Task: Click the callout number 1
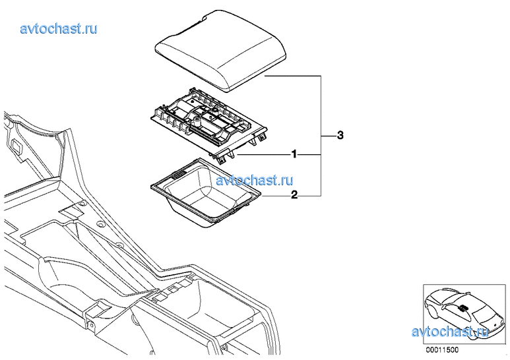pos(294,154)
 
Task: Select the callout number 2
pos(294,195)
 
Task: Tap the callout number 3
pos(340,135)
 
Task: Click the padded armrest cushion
pos(220,49)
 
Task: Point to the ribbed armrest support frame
pos(208,125)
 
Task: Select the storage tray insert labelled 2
pos(206,193)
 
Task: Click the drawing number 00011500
pos(442,350)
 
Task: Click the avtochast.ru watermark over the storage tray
pos(255,180)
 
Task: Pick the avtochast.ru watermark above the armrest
pos(59,28)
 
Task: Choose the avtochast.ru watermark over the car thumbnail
pos(450,332)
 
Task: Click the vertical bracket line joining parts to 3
pos(321,136)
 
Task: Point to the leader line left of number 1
pos(264,154)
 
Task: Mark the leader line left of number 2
pos(276,196)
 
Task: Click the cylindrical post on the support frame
pos(197,123)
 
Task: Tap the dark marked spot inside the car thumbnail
pos(463,308)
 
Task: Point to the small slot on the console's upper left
pos(17,145)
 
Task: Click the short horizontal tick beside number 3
pos(328,135)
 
